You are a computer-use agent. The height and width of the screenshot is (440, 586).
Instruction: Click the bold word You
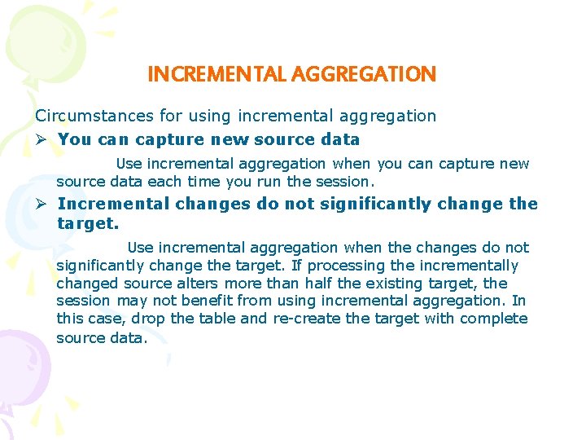click(x=75, y=139)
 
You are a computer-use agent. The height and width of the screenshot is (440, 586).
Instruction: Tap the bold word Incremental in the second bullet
click(x=113, y=204)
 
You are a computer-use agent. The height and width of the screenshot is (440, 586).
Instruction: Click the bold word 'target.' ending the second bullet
click(x=88, y=222)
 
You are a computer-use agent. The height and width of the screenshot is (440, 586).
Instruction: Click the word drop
click(x=147, y=319)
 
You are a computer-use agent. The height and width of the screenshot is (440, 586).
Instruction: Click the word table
click(x=212, y=319)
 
